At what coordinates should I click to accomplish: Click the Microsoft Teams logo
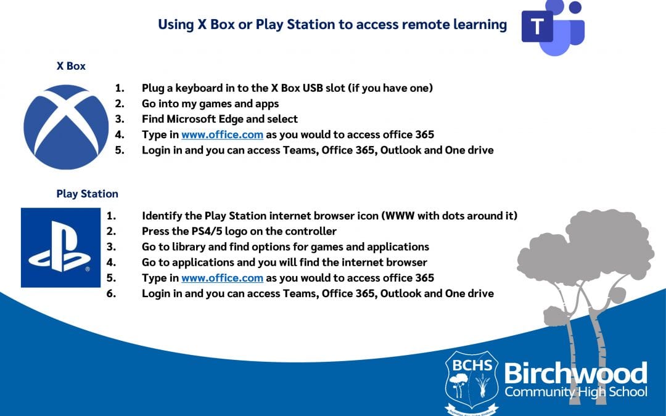(x=553, y=28)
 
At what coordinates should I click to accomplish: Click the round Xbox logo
(x=66, y=127)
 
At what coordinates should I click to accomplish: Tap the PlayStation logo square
(x=60, y=248)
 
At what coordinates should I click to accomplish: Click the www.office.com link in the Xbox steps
(x=222, y=134)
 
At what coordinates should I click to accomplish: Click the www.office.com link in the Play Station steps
(x=222, y=278)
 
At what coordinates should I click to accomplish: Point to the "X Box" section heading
(x=71, y=66)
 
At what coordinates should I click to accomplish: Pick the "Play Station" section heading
(x=87, y=194)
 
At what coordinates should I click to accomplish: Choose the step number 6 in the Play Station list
(x=111, y=293)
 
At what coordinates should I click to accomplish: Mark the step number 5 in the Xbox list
(x=120, y=150)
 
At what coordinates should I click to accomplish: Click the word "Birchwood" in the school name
(x=575, y=373)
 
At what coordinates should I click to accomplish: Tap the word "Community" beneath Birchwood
(x=539, y=391)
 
